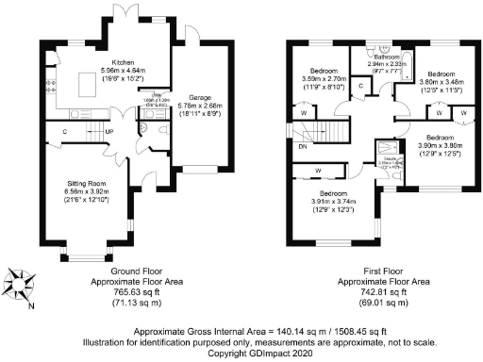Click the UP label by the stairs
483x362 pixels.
(110, 132)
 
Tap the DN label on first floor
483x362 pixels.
(302, 148)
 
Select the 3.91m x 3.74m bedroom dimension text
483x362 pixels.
(334, 201)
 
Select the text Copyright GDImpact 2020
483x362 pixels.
(242, 354)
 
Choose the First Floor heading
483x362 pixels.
(386, 271)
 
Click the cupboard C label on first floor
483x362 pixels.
(362, 86)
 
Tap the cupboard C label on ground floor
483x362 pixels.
(64, 131)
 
